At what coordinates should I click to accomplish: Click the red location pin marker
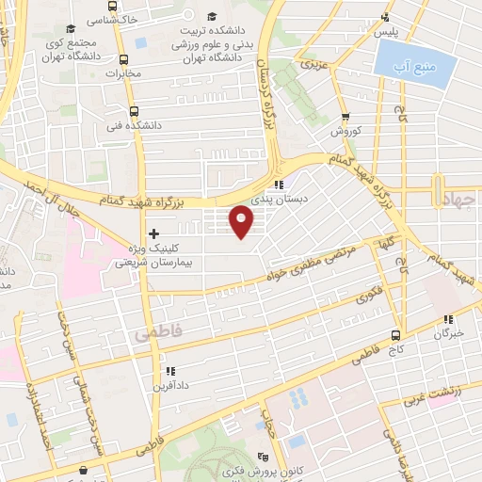point(243,221)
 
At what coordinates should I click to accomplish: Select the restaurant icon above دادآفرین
point(169,370)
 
